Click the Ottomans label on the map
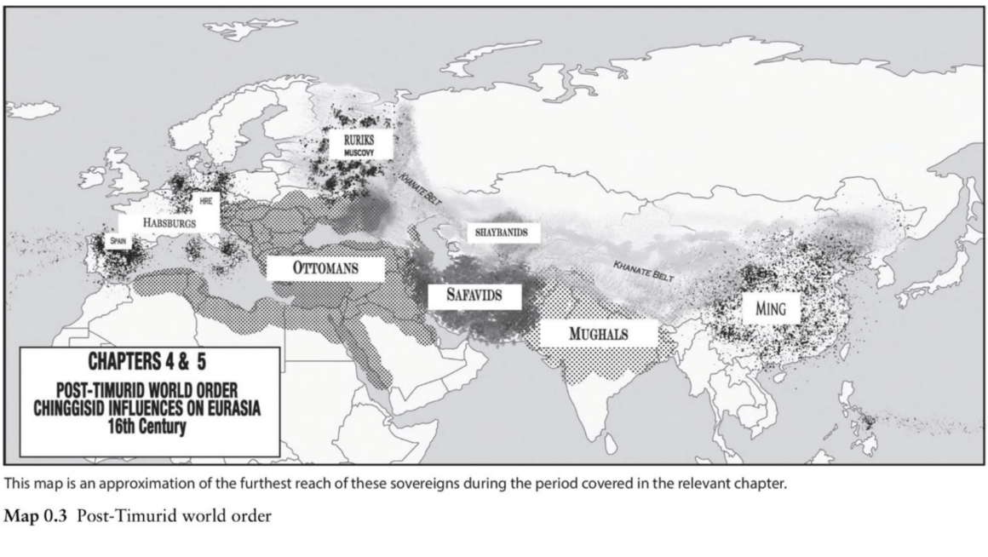click(x=325, y=267)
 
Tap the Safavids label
click(x=472, y=296)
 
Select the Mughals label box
click(x=599, y=333)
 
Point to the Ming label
click(x=770, y=307)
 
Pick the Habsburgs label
click(x=169, y=222)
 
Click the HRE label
click(x=205, y=201)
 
